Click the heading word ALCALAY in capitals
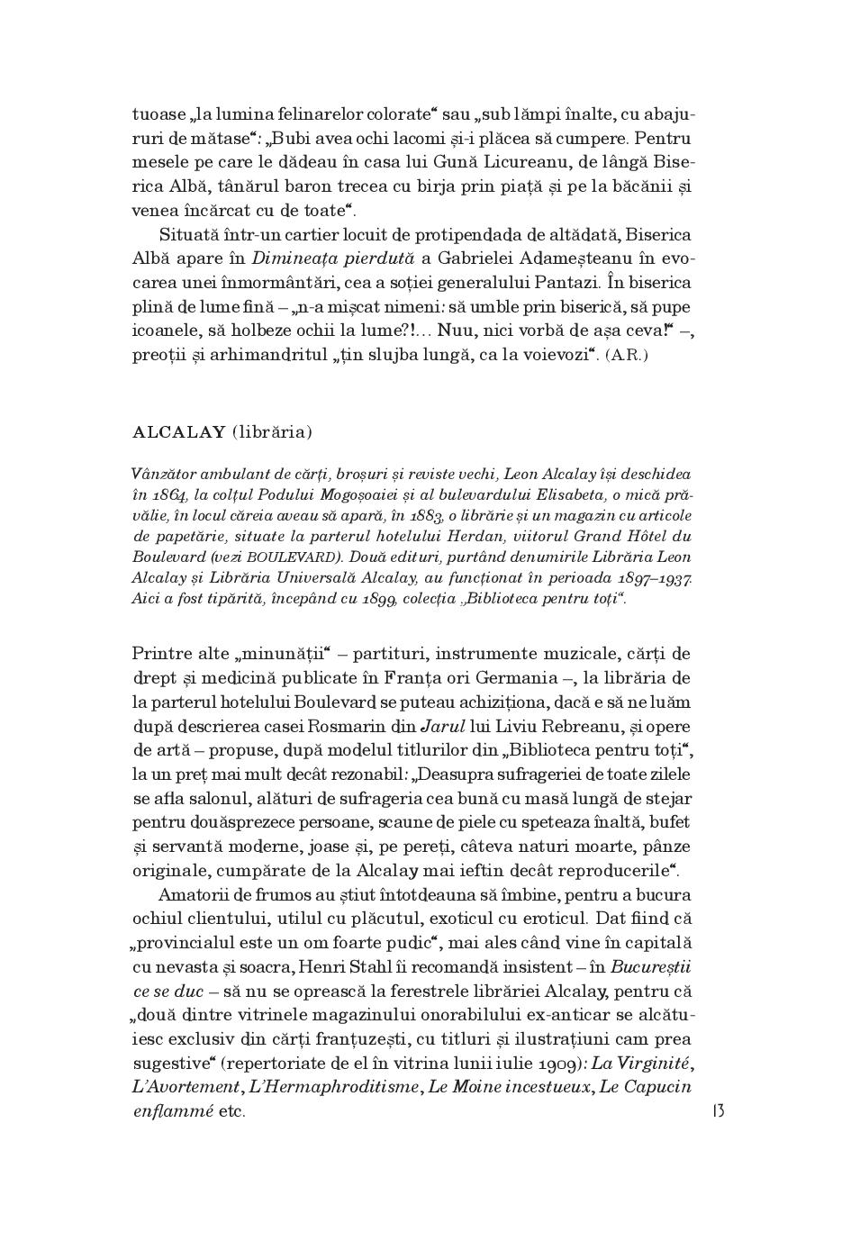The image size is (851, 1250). click(178, 432)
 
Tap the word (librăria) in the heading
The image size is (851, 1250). click(272, 432)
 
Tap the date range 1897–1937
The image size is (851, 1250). click(655, 578)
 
